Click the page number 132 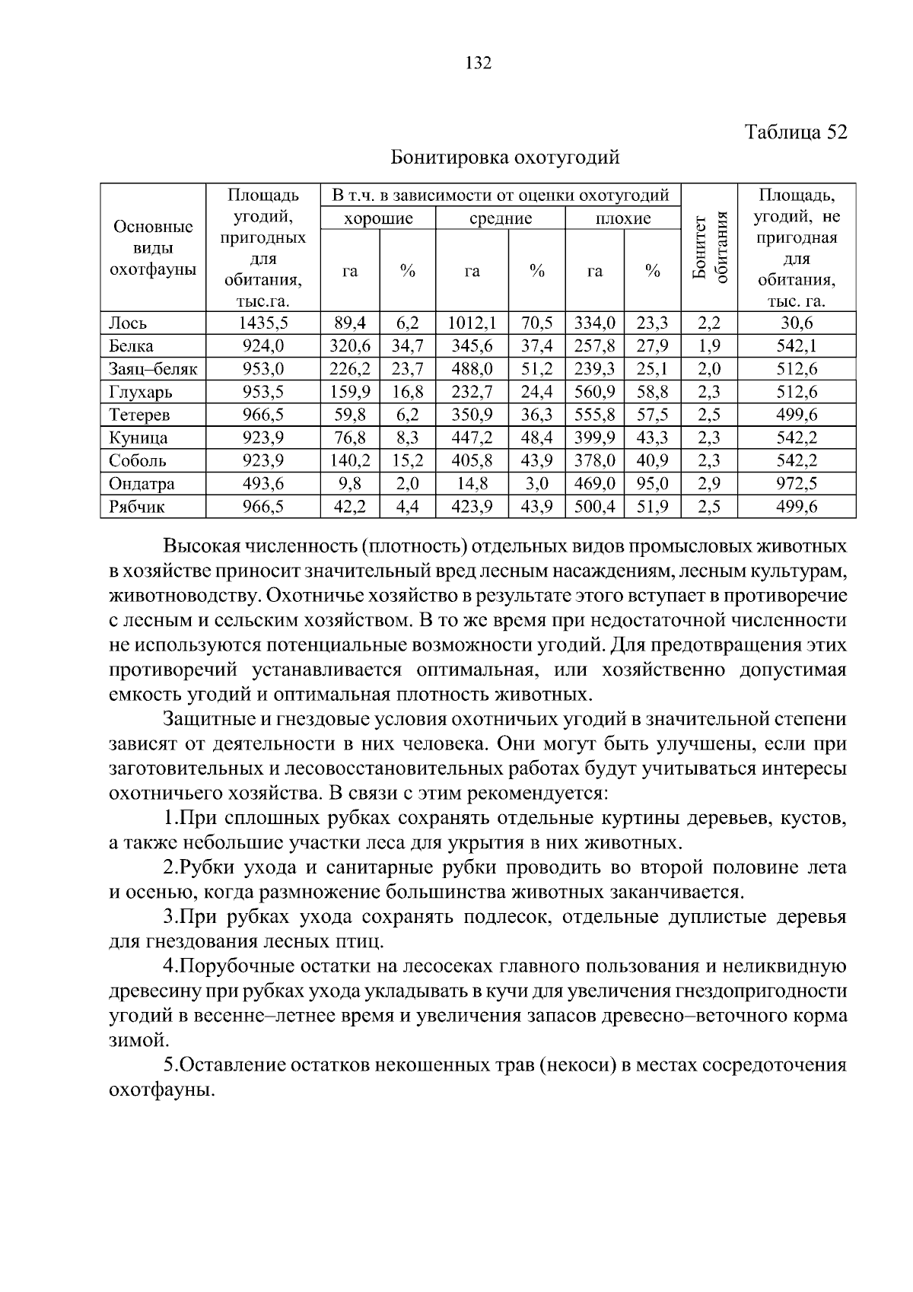click(479, 63)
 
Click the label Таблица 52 click(796, 132)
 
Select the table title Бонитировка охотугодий click(505, 158)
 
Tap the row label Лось click(126, 323)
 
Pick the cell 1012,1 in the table click(472, 323)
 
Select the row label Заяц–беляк click(153, 369)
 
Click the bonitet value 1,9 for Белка click(708, 346)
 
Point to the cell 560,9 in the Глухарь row click(594, 392)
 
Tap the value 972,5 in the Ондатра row click(797, 484)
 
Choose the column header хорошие click(378, 219)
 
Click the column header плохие click(623, 219)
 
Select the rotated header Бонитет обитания click(710, 248)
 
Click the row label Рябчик click(137, 507)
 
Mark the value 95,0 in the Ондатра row click(652, 484)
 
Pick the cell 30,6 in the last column click(797, 323)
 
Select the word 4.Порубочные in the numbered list click(221, 967)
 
